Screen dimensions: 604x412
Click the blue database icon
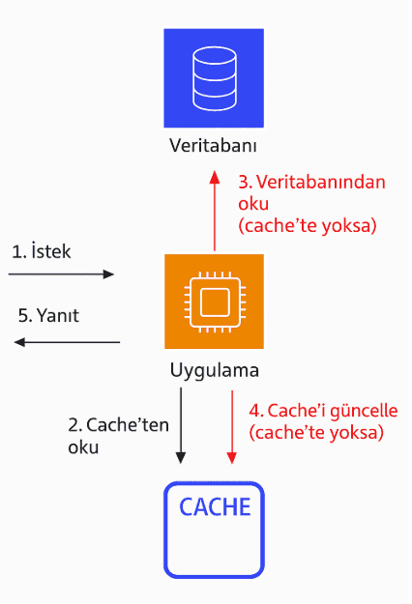click(213, 77)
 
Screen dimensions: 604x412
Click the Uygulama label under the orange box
click(214, 370)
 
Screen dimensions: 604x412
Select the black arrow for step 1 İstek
click(61, 274)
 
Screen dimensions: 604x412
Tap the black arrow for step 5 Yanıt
click(66, 342)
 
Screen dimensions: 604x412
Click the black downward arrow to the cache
click(181, 425)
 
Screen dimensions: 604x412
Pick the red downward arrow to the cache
click(231, 425)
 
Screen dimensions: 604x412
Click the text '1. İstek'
click(41, 251)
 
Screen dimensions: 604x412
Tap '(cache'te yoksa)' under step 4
click(316, 433)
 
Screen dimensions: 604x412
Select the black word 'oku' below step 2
click(82, 448)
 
